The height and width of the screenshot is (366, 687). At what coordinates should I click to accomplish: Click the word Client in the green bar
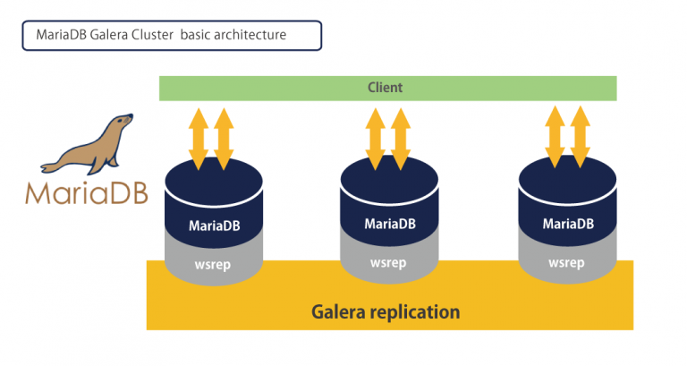pos(386,88)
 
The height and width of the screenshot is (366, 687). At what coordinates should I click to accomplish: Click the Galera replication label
pos(386,312)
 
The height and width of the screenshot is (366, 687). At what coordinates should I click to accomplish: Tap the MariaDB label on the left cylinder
pos(214,226)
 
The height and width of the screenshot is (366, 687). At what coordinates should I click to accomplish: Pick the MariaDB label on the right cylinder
pos(566,225)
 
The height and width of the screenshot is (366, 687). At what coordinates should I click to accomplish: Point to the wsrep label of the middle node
pos(388,263)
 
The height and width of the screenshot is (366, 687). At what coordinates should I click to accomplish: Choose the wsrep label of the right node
pos(566,263)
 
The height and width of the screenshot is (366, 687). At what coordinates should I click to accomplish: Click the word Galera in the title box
pos(109,36)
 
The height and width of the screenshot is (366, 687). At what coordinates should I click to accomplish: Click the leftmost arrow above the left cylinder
pos(199,136)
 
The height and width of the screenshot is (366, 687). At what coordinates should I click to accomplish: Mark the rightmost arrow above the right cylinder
pos(581,136)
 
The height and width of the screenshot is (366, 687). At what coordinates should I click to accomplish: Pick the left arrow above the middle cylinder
pos(376,136)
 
